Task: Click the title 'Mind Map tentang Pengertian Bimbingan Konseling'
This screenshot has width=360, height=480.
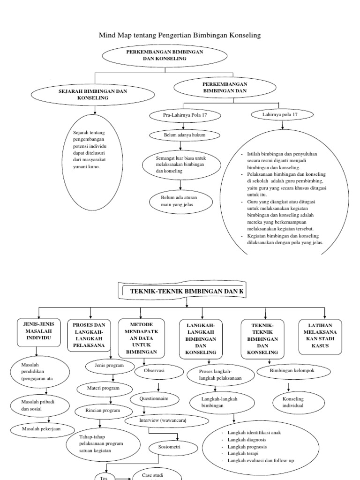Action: click(x=180, y=35)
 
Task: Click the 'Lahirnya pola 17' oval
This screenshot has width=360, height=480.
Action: click(x=281, y=114)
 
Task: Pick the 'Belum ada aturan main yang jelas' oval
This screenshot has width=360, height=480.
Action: click(x=180, y=202)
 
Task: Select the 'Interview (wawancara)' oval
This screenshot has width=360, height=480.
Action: click(x=163, y=420)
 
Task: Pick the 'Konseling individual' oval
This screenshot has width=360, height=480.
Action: click(x=292, y=402)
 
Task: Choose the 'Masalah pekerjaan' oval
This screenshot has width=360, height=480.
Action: click(x=42, y=428)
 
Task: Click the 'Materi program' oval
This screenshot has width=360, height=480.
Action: click(x=104, y=388)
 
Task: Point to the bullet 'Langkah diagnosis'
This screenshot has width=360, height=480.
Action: click(x=247, y=440)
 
